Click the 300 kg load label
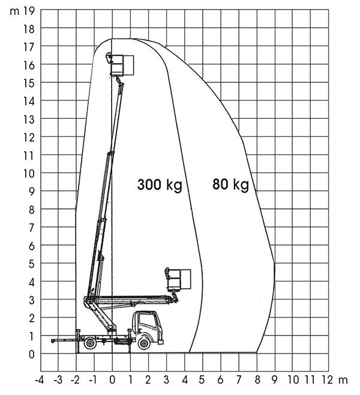pyautogui.click(x=160, y=185)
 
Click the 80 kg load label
pyautogui.click(x=230, y=184)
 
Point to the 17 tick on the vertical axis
pyautogui.click(x=29, y=47)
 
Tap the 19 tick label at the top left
pyautogui.click(x=29, y=11)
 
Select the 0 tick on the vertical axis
pyautogui.click(x=31, y=354)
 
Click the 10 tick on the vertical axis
pyautogui.click(x=29, y=173)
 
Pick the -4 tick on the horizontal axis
pyautogui.click(x=39, y=380)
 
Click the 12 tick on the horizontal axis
pyautogui.click(x=328, y=380)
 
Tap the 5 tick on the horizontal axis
pyautogui.click(x=202, y=380)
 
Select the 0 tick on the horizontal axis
pyautogui.click(x=112, y=380)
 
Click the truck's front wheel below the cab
pyautogui.click(x=144, y=343)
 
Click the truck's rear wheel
pyautogui.click(x=90, y=343)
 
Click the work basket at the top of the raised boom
pyautogui.click(x=120, y=65)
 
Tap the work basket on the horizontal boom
pyautogui.click(x=178, y=279)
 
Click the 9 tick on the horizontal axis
pyautogui.click(x=274, y=380)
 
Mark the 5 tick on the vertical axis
pyautogui.click(x=31, y=264)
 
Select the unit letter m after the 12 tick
pyautogui.click(x=343, y=381)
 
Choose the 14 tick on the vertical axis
pyautogui.click(x=29, y=101)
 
